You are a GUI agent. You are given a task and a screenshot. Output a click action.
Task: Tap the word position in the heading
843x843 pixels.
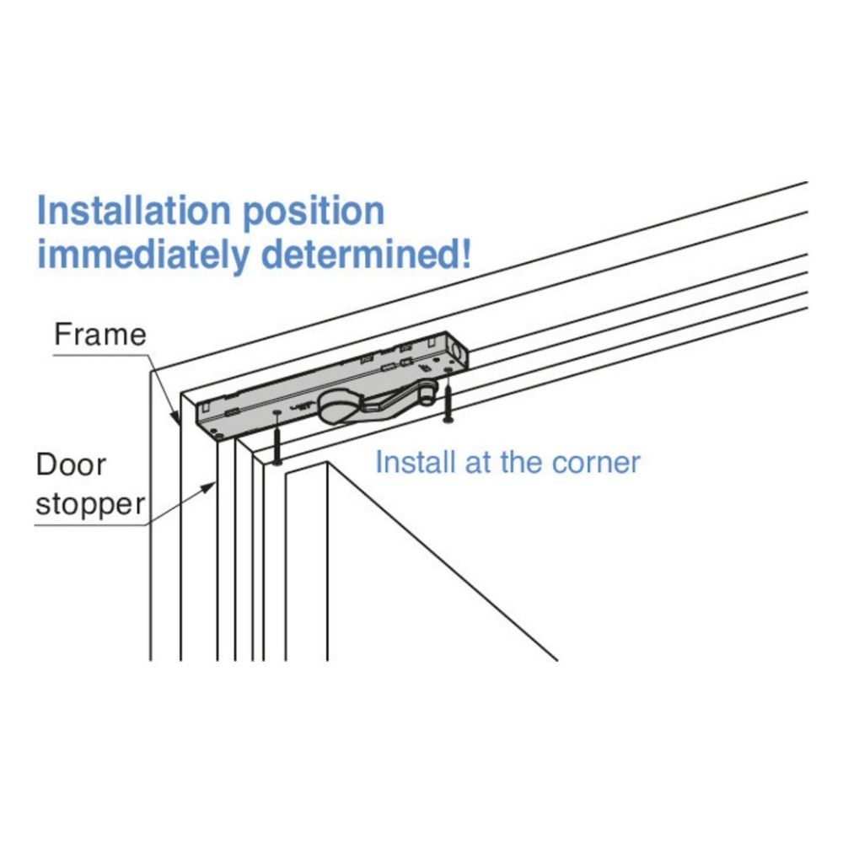tap(314, 212)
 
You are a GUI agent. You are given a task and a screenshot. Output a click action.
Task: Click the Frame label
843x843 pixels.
tap(100, 335)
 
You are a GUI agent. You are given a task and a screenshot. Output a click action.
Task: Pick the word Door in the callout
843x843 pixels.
tap(71, 464)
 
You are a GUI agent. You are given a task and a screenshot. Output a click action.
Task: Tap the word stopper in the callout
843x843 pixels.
tap(90, 505)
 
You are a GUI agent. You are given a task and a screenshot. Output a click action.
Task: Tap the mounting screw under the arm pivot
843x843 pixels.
tap(448, 404)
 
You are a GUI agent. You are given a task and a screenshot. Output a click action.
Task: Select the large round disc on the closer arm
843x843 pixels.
tap(335, 407)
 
